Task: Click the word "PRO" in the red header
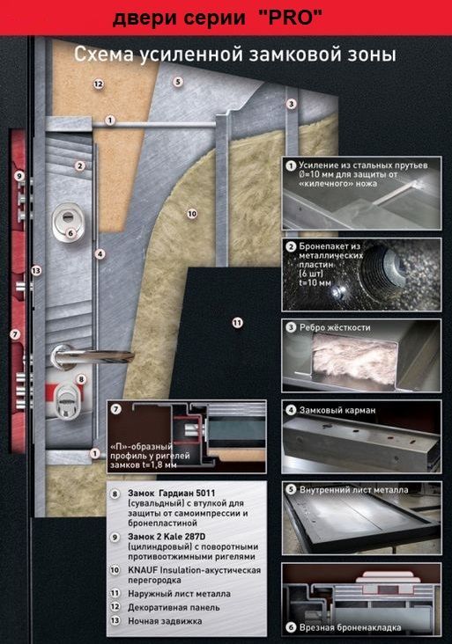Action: point(291,18)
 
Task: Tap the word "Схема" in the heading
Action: point(104,55)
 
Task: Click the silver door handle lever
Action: point(93,355)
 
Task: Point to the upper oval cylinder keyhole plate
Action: point(69,222)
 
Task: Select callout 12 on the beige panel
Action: point(99,84)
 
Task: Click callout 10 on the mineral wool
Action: point(192,214)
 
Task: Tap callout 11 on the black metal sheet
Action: point(237,323)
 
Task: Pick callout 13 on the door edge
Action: point(37,271)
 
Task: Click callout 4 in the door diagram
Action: point(100,254)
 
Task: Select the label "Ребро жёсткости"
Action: point(335,328)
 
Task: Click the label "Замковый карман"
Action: point(337,410)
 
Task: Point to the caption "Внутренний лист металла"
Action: point(353,489)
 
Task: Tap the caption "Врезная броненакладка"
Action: point(350,627)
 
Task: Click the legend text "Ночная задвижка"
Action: point(165,621)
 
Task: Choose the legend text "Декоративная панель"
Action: point(174,607)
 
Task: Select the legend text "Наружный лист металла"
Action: point(179,594)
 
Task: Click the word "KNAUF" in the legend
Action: point(143,570)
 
